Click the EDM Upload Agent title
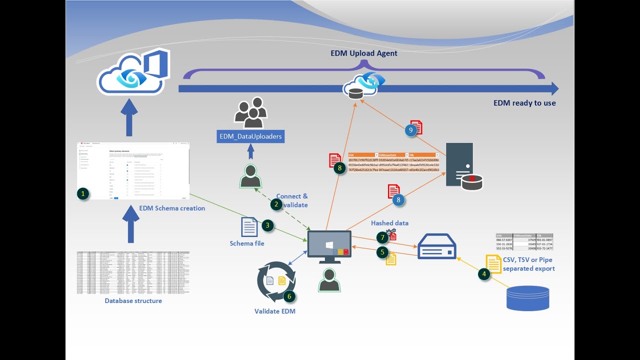pyautogui.click(x=363, y=53)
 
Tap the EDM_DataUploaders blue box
pyautogui.click(x=250, y=136)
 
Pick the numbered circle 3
pyautogui.click(x=268, y=225)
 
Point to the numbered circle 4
pyautogui.click(x=484, y=274)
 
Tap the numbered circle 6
pyautogui.click(x=289, y=296)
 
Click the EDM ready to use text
pyautogui.click(x=524, y=103)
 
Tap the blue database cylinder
pyautogui.click(x=527, y=298)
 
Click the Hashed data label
pyautogui.click(x=389, y=223)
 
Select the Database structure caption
pyautogui.click(x=133, y=301)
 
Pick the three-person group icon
pyautogui.click(x=251, y=113)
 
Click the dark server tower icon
pyautogui.click(x=460, y=165)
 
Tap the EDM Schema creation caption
pyautogui.click(x=172, y=208)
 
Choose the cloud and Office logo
pyautogui.click(x=134, y=72)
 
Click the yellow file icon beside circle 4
pyautogui.click(x=494, y=264)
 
